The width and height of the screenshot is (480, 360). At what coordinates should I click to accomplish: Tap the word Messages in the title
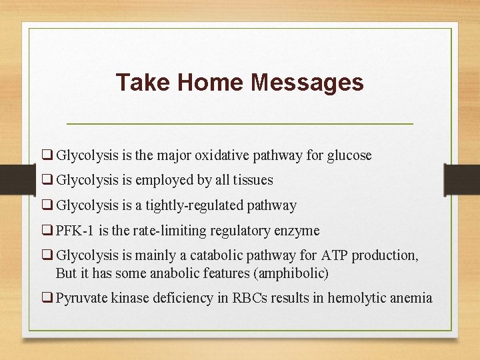click(307, 83)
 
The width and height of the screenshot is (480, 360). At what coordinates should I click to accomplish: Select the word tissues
click(251, 181)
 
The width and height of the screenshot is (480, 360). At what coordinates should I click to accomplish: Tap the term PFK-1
click(74, 231)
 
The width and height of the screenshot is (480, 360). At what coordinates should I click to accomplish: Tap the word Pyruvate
click(80, 298)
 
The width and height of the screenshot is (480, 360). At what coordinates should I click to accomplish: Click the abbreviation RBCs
click(249, 298)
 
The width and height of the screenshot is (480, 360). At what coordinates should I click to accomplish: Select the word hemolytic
click(352, 298)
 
